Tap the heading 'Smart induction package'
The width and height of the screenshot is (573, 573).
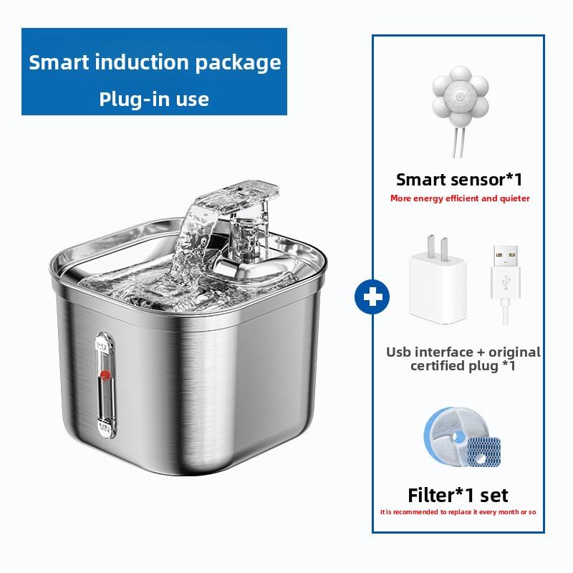(155, 62)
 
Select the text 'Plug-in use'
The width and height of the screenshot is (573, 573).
(154, 99)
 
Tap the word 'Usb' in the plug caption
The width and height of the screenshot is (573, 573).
(400, 352)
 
